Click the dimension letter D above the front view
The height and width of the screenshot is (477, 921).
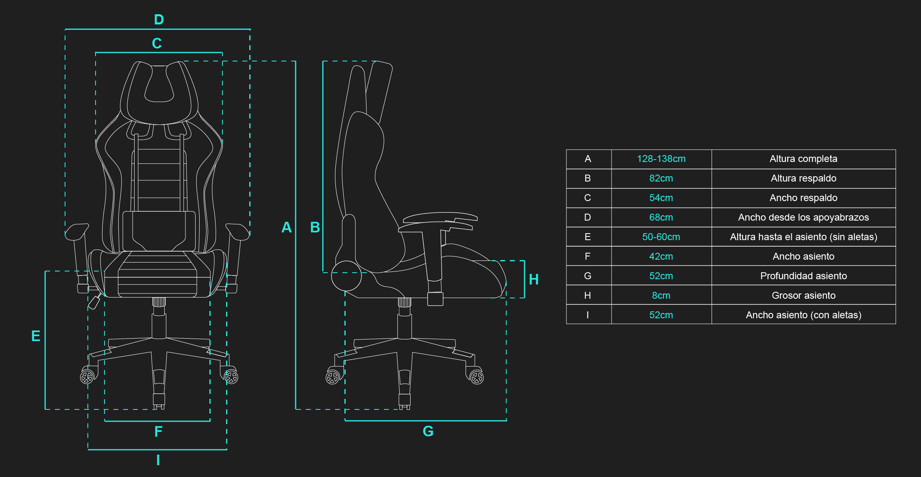(x=159, y=20)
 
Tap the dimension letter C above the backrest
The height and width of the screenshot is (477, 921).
(x=157, y=43)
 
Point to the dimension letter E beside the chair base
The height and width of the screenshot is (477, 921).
(x=36, y=336)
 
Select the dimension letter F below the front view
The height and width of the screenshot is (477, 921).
(x=158, y=431)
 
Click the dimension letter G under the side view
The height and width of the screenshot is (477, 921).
(x=428, y=431)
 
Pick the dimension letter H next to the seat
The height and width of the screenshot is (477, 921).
(x=533, y=279)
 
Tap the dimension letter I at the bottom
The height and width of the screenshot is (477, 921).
(x=158, y=460)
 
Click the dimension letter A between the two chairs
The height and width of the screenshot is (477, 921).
(x=286, y=227)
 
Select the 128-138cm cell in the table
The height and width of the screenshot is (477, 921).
(x=661, y=159)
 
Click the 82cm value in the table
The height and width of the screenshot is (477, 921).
(x=661, y=178)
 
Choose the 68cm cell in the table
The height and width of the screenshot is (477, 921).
(x=661, y=217)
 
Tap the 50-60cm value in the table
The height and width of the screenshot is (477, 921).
(x=661, y=237)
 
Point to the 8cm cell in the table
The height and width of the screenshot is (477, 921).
(x=661, y=295)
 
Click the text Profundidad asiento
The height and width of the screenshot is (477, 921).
(x=803, y=276)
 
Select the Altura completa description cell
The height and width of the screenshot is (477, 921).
(x=803, y=159)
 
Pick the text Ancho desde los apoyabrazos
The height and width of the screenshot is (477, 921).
(x=803, y=217)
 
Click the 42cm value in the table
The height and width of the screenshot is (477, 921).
(x=661, y=256)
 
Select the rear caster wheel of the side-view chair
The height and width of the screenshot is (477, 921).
(x=333, y=377)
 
